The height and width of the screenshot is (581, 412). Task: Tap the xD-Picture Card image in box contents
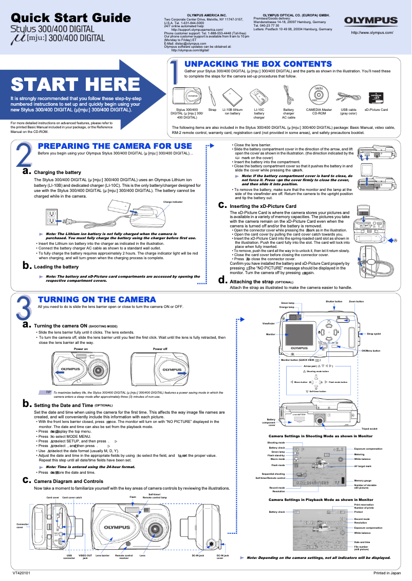pos(377,96)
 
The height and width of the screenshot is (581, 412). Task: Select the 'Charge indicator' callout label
pos(173,202)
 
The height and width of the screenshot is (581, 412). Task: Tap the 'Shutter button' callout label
pos(334,301)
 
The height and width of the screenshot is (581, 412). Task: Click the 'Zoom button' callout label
pos(356,301)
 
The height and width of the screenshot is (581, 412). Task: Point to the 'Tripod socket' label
pos(369,428)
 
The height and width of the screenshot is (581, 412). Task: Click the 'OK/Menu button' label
pos(370,351)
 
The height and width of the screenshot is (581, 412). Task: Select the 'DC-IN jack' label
pos(198,555)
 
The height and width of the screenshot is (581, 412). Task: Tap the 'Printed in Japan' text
pos(387,572)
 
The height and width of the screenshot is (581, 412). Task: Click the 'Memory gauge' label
pos(363,480)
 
